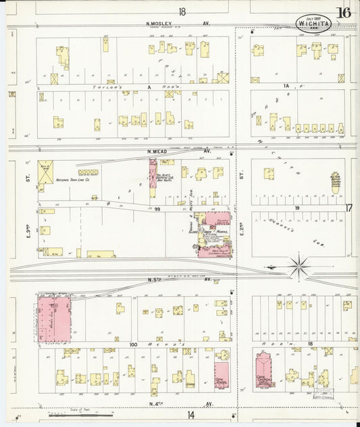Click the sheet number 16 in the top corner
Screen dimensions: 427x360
pyautogui.click(x=344, y=12)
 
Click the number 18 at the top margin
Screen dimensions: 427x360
pyautogui.click(x=182, y=11)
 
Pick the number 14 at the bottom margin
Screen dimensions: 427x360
pyautogui.click(x=191, y=415)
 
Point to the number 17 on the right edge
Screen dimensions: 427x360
pyautogui.click(x=349, y=208)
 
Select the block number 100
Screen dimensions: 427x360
pyautogui.click(x=134, y=345)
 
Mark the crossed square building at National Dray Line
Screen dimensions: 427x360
pyautogui.click(x=46, y=172)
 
